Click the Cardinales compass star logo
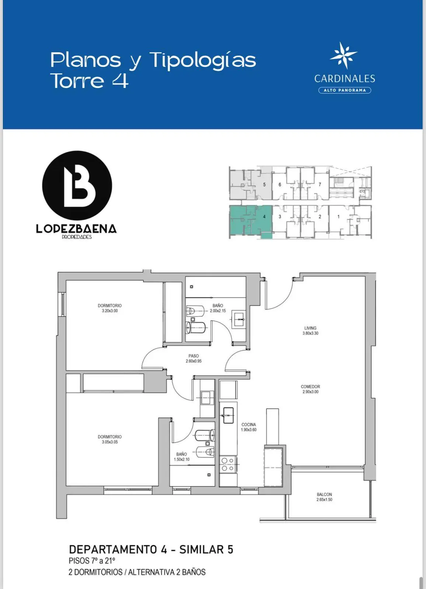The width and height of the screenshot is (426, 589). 343,55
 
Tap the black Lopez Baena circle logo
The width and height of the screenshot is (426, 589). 77,186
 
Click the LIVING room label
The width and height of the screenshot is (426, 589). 310,328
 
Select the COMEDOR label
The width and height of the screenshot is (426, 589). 310,387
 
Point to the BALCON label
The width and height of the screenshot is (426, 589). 324,494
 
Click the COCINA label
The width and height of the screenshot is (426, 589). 248,424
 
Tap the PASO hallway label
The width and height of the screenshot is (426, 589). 193,356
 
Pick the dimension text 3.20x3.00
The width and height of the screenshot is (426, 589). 110,311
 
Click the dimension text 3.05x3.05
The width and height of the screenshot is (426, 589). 110,442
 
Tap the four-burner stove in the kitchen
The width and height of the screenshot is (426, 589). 228,464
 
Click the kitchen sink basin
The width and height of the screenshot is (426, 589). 228,415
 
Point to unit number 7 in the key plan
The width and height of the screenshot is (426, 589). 320,184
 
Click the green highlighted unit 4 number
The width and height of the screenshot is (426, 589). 264,217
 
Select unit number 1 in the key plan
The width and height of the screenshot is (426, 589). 339,217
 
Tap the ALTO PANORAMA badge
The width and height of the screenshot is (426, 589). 345,90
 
